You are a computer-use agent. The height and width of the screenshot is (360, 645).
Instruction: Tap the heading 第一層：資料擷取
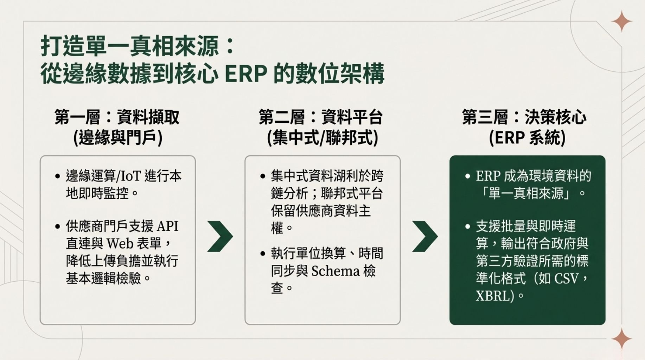point(117,117)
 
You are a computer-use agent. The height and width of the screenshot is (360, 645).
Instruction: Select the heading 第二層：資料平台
point(321,117)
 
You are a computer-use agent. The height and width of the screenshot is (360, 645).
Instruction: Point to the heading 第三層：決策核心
point(524,117)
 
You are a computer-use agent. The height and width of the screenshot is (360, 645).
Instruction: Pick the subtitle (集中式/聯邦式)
point(322,137)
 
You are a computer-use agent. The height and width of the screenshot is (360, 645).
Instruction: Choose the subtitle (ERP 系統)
point(527,137)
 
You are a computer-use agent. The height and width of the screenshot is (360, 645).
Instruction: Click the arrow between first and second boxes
point(220,236)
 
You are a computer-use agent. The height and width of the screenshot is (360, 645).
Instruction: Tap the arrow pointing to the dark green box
point(425,236)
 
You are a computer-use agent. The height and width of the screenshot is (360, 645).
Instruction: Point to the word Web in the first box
point(120,243)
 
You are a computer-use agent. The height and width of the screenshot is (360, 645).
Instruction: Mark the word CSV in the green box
point(566,278)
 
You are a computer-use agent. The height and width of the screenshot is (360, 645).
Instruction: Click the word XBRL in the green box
point(492,296)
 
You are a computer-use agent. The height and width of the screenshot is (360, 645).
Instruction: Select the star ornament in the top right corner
point(621,21)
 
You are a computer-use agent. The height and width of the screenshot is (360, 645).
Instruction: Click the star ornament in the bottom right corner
point(621,339)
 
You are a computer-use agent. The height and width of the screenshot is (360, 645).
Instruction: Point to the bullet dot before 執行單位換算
point(263,254)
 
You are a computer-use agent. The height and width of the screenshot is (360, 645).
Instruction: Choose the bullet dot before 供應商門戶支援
point(58,226)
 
